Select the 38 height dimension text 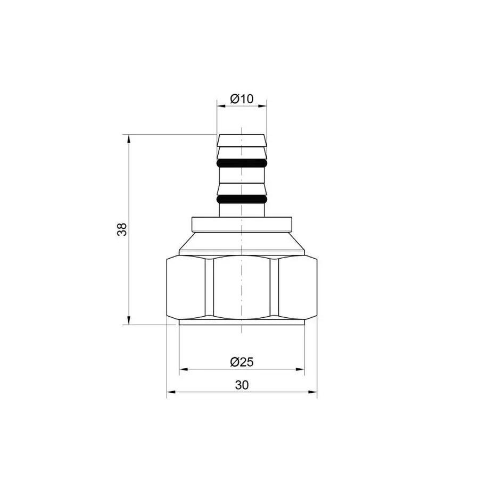click(x=122, y=229)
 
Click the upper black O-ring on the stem click(x=242, y=162)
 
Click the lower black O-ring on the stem click(x=242, y=200)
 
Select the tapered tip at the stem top click(x=242, y=140)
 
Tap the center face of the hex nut click(x=242, y=287)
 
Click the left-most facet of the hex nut click(x=186, y=287)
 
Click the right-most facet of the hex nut click(x=298, y=287)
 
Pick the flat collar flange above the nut click(x=242, y=224)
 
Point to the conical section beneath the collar click(x=242, y=243)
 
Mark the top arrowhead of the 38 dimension click(x=128, y=138)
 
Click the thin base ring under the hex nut click(x=242, y=322)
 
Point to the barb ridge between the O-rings click(x=242, y=189)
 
